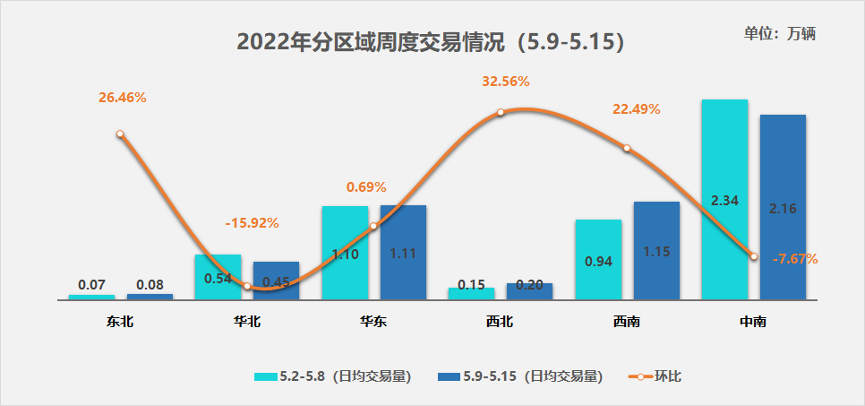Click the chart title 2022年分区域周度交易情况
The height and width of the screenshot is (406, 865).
430,42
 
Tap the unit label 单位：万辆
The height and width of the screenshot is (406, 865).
780,34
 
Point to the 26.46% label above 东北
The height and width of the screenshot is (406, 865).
122,98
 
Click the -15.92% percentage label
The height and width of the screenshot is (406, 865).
252,222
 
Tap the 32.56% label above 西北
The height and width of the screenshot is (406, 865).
506,81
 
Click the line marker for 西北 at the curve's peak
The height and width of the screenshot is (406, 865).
500,113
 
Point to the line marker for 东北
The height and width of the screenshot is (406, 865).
120,134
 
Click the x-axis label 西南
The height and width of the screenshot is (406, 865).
627,322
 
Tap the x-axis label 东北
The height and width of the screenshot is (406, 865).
120,322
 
